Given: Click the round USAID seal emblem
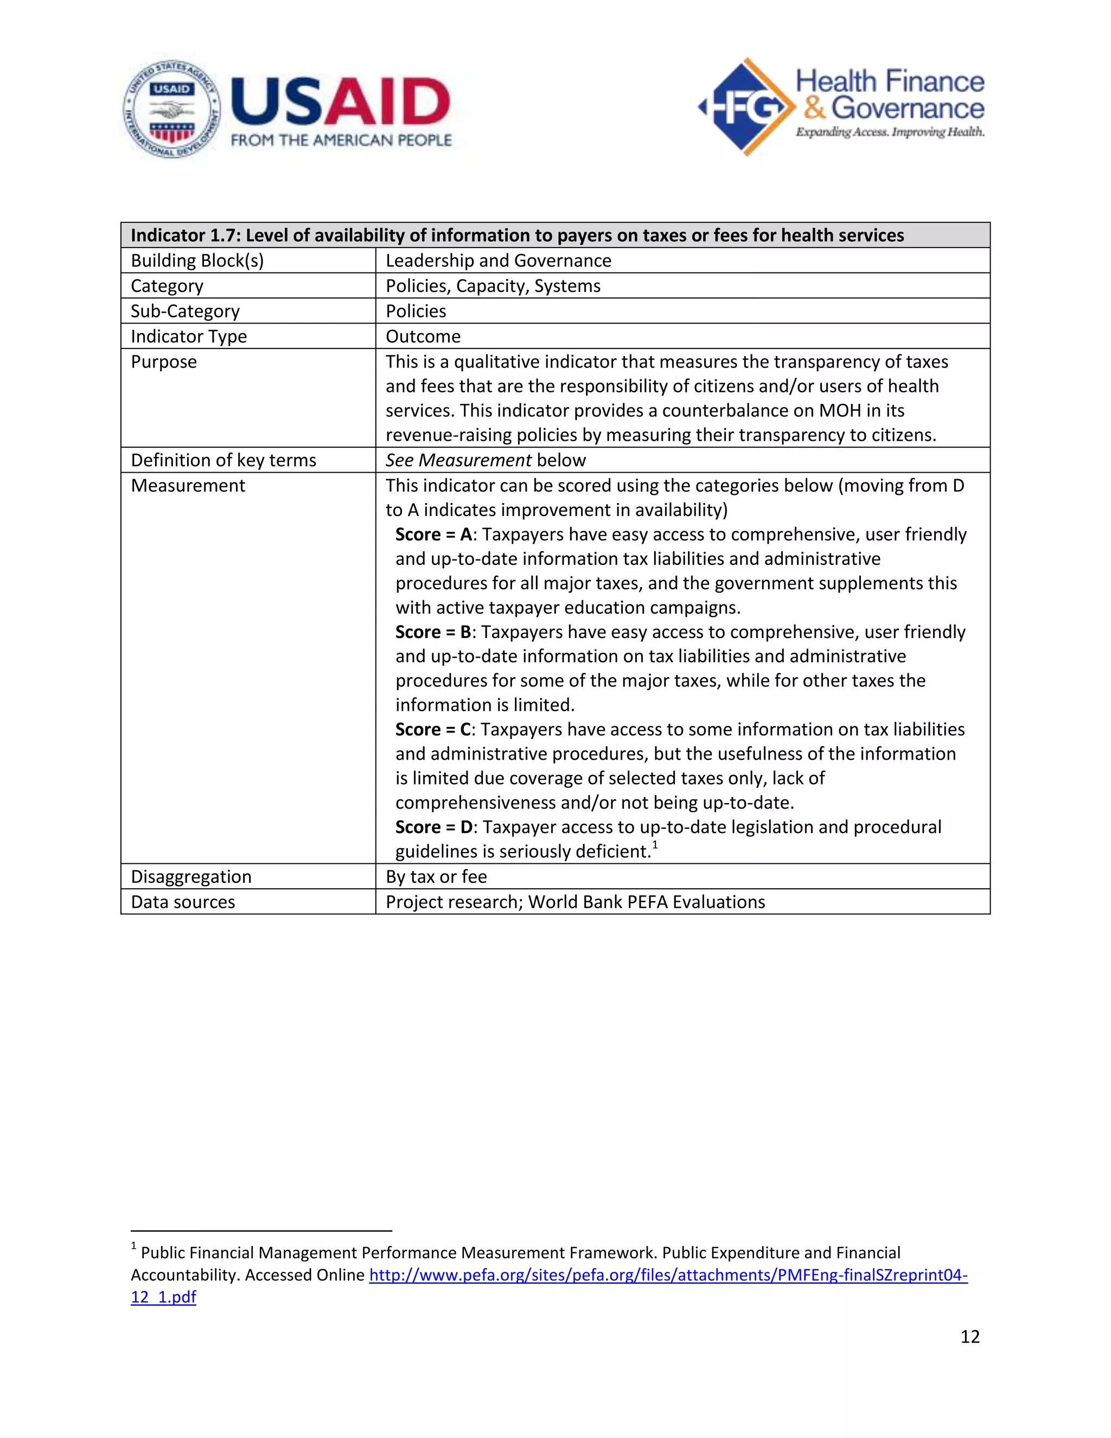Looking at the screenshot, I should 172,109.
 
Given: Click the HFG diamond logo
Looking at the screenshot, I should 746,107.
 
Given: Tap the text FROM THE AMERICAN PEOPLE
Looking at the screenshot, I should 341,140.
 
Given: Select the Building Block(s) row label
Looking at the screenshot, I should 197,260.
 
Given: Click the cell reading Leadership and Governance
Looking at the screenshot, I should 498,260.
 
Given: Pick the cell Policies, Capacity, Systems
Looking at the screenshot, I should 493,286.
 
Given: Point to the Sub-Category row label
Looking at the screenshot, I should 185,311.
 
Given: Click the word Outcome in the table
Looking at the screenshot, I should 423,336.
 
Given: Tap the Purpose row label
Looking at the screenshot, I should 163,361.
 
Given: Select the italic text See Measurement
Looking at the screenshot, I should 458,460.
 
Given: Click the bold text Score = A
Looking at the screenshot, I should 433,535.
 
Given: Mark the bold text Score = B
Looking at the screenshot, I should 433,632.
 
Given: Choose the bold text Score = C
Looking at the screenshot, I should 433,729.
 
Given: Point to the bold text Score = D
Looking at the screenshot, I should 433,827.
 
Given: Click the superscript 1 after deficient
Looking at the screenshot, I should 655,845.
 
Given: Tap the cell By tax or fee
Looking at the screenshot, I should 436,877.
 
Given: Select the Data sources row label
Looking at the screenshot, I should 183,902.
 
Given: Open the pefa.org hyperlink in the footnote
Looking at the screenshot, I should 667,1275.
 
